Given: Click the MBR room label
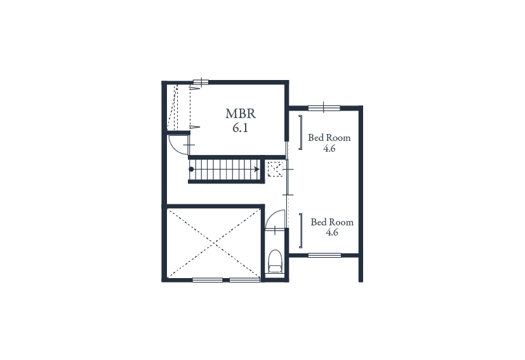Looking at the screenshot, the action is point(241,114).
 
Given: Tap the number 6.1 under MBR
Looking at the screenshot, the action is point(241,128).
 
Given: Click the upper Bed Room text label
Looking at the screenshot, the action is point(329,138).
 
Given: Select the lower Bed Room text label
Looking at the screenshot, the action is point(332,222).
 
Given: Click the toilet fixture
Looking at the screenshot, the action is point(276,261).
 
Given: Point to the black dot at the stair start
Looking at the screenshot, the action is point(191,169).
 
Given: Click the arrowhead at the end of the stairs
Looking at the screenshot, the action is point(257,169).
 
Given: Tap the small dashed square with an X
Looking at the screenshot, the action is point(276,169).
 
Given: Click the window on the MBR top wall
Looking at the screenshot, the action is point(201,82).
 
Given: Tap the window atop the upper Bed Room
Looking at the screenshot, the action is point(324,107).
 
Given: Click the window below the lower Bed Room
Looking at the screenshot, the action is point(324,255).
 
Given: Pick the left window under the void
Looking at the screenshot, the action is point(208,279).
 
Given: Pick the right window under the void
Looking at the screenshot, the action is point(244,279).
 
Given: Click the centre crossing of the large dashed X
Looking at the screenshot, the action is point(213,243).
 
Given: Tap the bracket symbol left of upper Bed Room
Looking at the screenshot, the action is point(301,132).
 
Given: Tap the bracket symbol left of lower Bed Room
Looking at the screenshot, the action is point(301,230).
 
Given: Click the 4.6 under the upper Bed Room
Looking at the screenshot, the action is point(329,149).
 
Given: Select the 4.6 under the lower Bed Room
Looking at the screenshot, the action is point(332,232).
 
